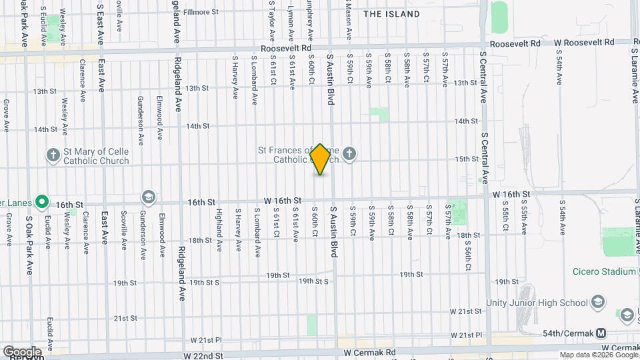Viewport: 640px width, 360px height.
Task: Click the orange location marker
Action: (321, 159)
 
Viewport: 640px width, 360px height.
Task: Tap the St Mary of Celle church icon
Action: (53, 156)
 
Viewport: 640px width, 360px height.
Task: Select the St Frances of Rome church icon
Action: (349, 155)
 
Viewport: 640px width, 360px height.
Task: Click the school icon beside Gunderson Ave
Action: (147, 197)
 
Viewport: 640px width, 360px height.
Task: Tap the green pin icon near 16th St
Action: (42, 200)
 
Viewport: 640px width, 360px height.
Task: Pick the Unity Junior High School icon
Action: (598, 302)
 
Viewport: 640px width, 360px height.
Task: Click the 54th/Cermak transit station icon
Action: (601, 333)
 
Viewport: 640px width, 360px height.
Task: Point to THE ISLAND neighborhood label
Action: (392, 14)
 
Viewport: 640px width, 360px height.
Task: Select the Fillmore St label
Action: (201, 12)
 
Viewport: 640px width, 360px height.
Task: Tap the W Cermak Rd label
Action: (619, 348)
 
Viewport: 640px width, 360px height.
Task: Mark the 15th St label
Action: (467, 159)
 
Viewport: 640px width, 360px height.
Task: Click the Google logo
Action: (22, 351)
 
